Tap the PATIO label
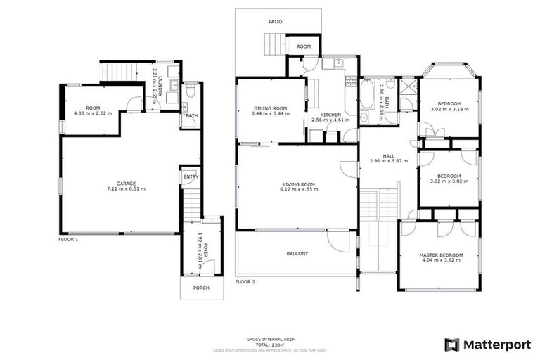coord(275,22)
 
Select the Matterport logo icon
coord(452,345)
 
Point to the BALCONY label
coord(297,253)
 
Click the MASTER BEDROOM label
coord(439,255)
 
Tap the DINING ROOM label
coord(271,108)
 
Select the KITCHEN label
coord(330,115)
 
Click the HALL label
coord(388,155)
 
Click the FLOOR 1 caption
coord(68,239)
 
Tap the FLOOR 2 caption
coord(245,281)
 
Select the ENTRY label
coord(191,176)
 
